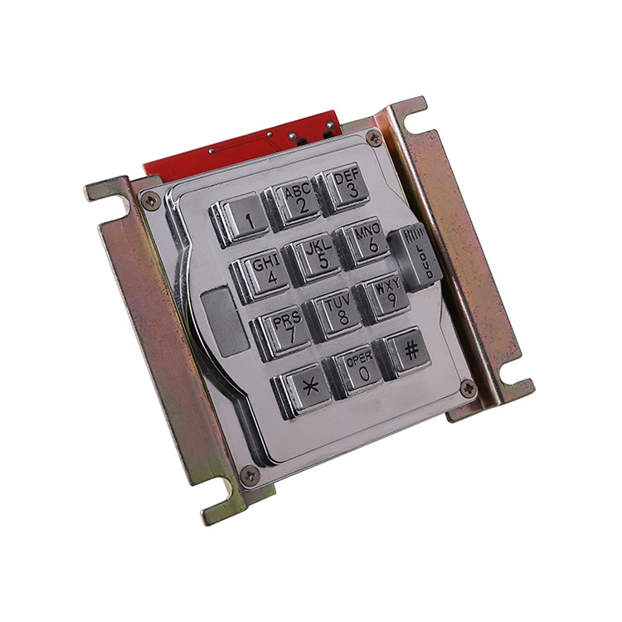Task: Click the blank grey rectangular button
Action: [225, 321]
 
